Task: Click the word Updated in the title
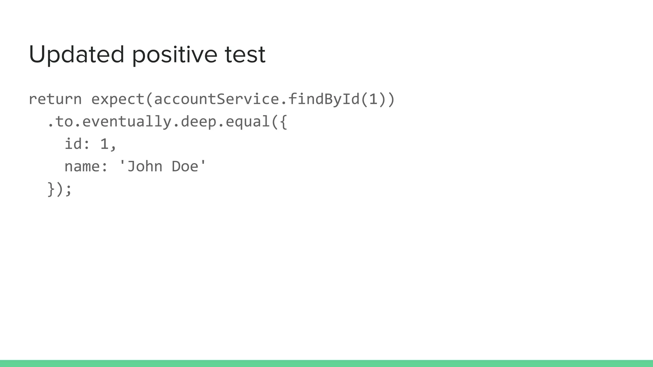[76, 54]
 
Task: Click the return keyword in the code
[55, 99]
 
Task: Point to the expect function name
[118, 99]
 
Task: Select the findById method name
[324, 99]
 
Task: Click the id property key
[73, 144]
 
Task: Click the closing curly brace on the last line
[51, 189]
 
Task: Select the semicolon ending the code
[69, 190]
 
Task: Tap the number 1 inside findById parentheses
[373, 99]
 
